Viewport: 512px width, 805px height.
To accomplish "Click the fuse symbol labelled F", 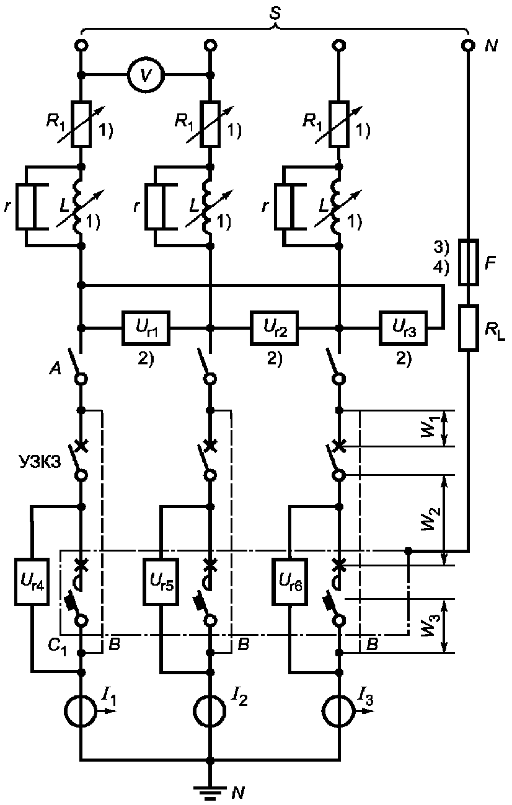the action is click(x=469, y=262).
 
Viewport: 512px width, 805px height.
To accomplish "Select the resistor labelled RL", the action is click(x=469, y=328).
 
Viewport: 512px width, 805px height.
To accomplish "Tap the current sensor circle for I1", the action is click(x=81, y=711).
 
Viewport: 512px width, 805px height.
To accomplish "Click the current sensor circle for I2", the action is click(x=210, y=711).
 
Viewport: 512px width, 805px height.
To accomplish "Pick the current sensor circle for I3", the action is click(x=338, y=711).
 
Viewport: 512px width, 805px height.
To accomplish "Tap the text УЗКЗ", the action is click(x=39, y=462).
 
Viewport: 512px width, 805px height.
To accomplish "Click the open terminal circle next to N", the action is click(x=469, y=45).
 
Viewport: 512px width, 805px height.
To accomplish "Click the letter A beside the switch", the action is click(x=55, y=369).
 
